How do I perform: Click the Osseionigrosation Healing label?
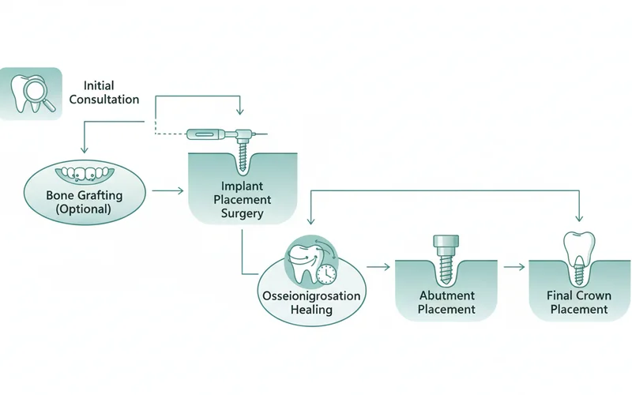(310, 303)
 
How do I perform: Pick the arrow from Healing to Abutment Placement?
(379, 267)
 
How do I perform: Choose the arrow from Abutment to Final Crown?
(514, 267)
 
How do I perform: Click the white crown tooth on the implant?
(577, 250)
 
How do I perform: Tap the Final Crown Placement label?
(578, 303)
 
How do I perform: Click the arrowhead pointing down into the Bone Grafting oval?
(83, 152)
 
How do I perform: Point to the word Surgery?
(242, 214)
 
